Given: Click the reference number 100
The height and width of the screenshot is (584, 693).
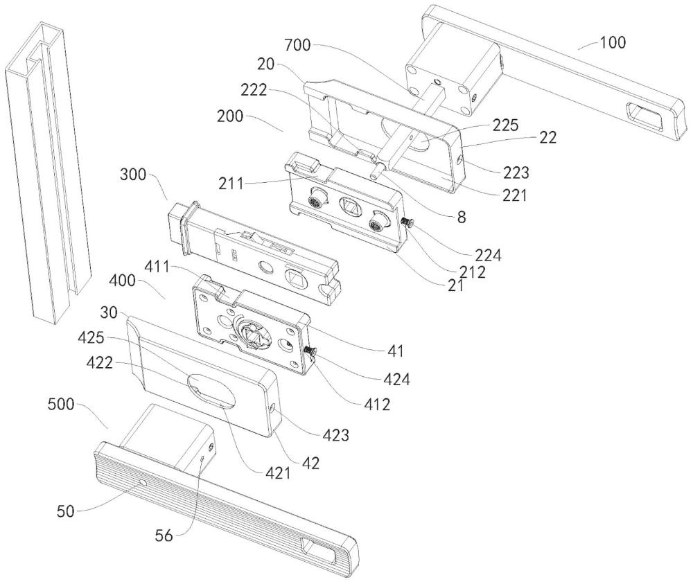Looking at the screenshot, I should click(x=611, y=43).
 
